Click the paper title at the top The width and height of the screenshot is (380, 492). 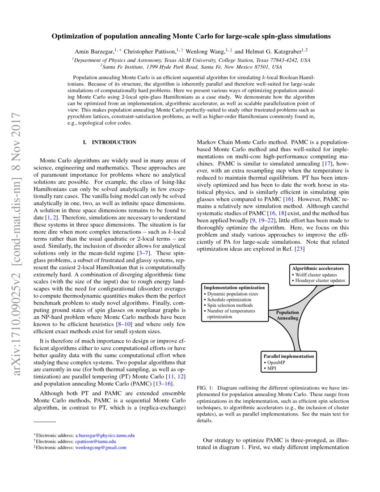[x=190, y=35]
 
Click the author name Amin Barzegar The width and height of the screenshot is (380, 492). [x=94, y=51]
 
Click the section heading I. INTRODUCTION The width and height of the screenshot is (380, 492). [x=110, y=142]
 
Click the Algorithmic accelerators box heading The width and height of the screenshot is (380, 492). [x=318, y=268]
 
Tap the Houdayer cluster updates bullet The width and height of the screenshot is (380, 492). [x=319, y=280]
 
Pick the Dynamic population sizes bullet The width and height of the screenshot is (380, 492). [x=232, y=294]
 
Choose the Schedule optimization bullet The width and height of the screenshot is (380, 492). [x=229, y=300]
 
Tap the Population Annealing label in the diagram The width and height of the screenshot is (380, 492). [x=287, y=315]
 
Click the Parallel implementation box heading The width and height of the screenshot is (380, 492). [x=288, y=356]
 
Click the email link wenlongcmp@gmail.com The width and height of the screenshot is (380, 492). [x=101, y=447]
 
